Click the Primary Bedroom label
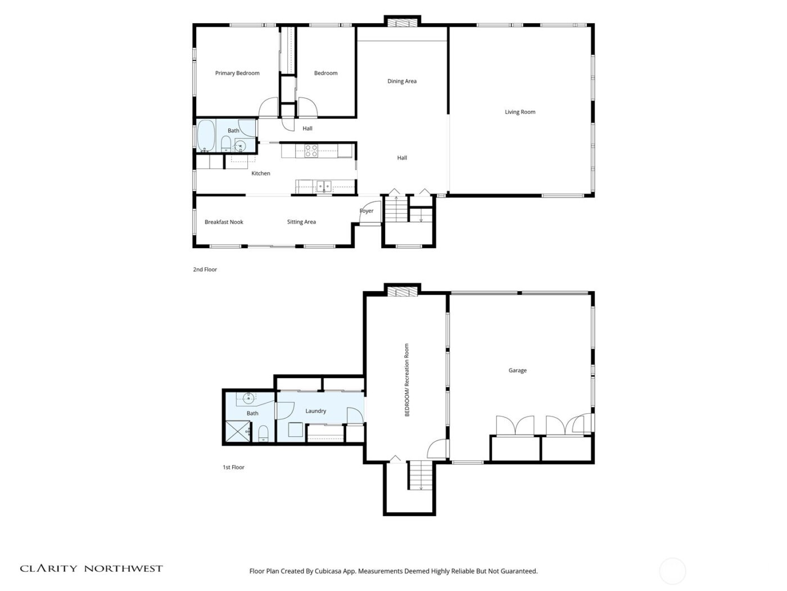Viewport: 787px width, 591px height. tap(237, 73)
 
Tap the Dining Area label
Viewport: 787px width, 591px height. tap(402, 81)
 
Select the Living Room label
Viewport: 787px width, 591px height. tap(520, 112)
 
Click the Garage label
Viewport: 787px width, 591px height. tap(518, 370)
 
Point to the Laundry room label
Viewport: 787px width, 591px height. tap(315, 411)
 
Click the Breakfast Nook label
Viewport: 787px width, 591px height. tap(224, 222)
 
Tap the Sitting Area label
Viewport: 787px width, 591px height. tap(301, 222)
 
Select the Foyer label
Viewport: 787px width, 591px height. tap(367, 211)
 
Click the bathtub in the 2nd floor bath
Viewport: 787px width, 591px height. tap(205, 136)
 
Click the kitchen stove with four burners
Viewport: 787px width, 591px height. tap(311, 151)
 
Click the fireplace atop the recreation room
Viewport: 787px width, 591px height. tap(402, 291)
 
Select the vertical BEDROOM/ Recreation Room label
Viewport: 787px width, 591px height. tap(407, 380)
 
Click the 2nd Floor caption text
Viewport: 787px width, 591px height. tap(205, 270)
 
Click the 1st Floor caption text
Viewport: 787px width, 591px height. tap(234, 467)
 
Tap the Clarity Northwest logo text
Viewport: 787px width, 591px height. tap(91, 568)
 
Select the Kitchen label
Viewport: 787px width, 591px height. tap(260, 173)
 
